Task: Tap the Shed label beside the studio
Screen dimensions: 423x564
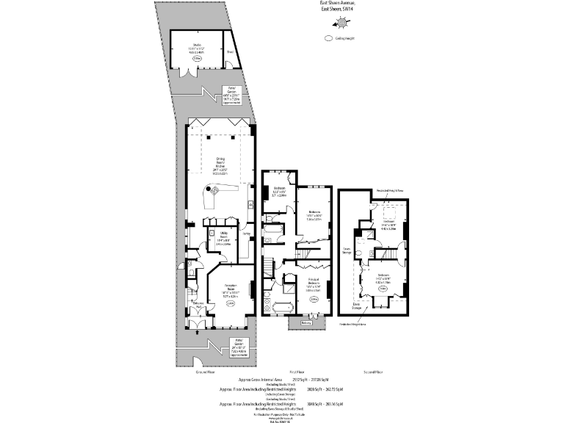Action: [x=229, y=52]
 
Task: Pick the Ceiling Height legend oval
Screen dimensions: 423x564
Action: [x=327, y=38]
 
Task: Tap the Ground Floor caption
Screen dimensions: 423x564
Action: [x=205, y=372]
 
